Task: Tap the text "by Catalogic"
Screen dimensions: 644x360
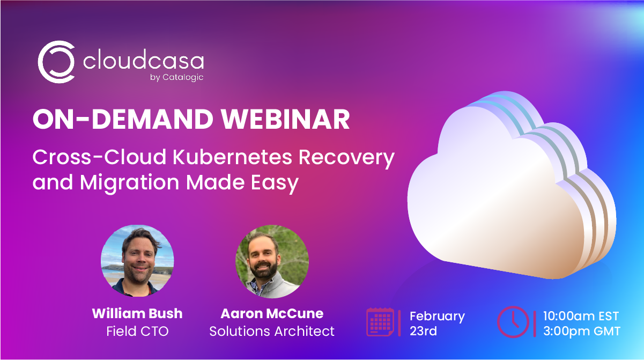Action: point(176,77)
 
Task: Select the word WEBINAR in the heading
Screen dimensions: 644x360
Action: point(285,119)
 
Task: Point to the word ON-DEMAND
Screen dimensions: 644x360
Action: point(123,119)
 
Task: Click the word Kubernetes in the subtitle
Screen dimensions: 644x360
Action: point(232,157)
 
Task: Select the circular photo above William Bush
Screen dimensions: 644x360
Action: point(137,261)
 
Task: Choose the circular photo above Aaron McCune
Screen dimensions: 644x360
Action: point(272,261)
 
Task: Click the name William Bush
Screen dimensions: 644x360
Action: point(137,313)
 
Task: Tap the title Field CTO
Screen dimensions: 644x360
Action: point(137,331)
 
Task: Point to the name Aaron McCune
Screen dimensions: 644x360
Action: point(272,313)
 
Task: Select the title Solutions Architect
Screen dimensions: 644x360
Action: point(272,331)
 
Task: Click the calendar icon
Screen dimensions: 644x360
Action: point(380,322)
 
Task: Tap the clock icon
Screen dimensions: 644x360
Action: point(513,322)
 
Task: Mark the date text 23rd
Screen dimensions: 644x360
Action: point(424,331)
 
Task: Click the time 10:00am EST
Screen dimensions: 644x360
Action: point(581,316)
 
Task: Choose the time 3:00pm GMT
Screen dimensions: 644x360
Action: point(582,331)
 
